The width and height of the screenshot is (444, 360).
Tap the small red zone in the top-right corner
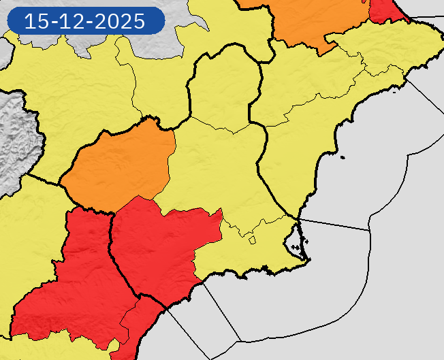[x=385, y=10]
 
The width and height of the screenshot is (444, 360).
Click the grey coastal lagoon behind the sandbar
[x=294, y=238]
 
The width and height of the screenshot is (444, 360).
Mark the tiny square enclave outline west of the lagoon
[x=252, y=240]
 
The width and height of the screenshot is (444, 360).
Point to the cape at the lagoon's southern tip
[x=303, y=259]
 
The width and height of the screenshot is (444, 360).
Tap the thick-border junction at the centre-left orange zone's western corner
[x=62, y=184]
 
